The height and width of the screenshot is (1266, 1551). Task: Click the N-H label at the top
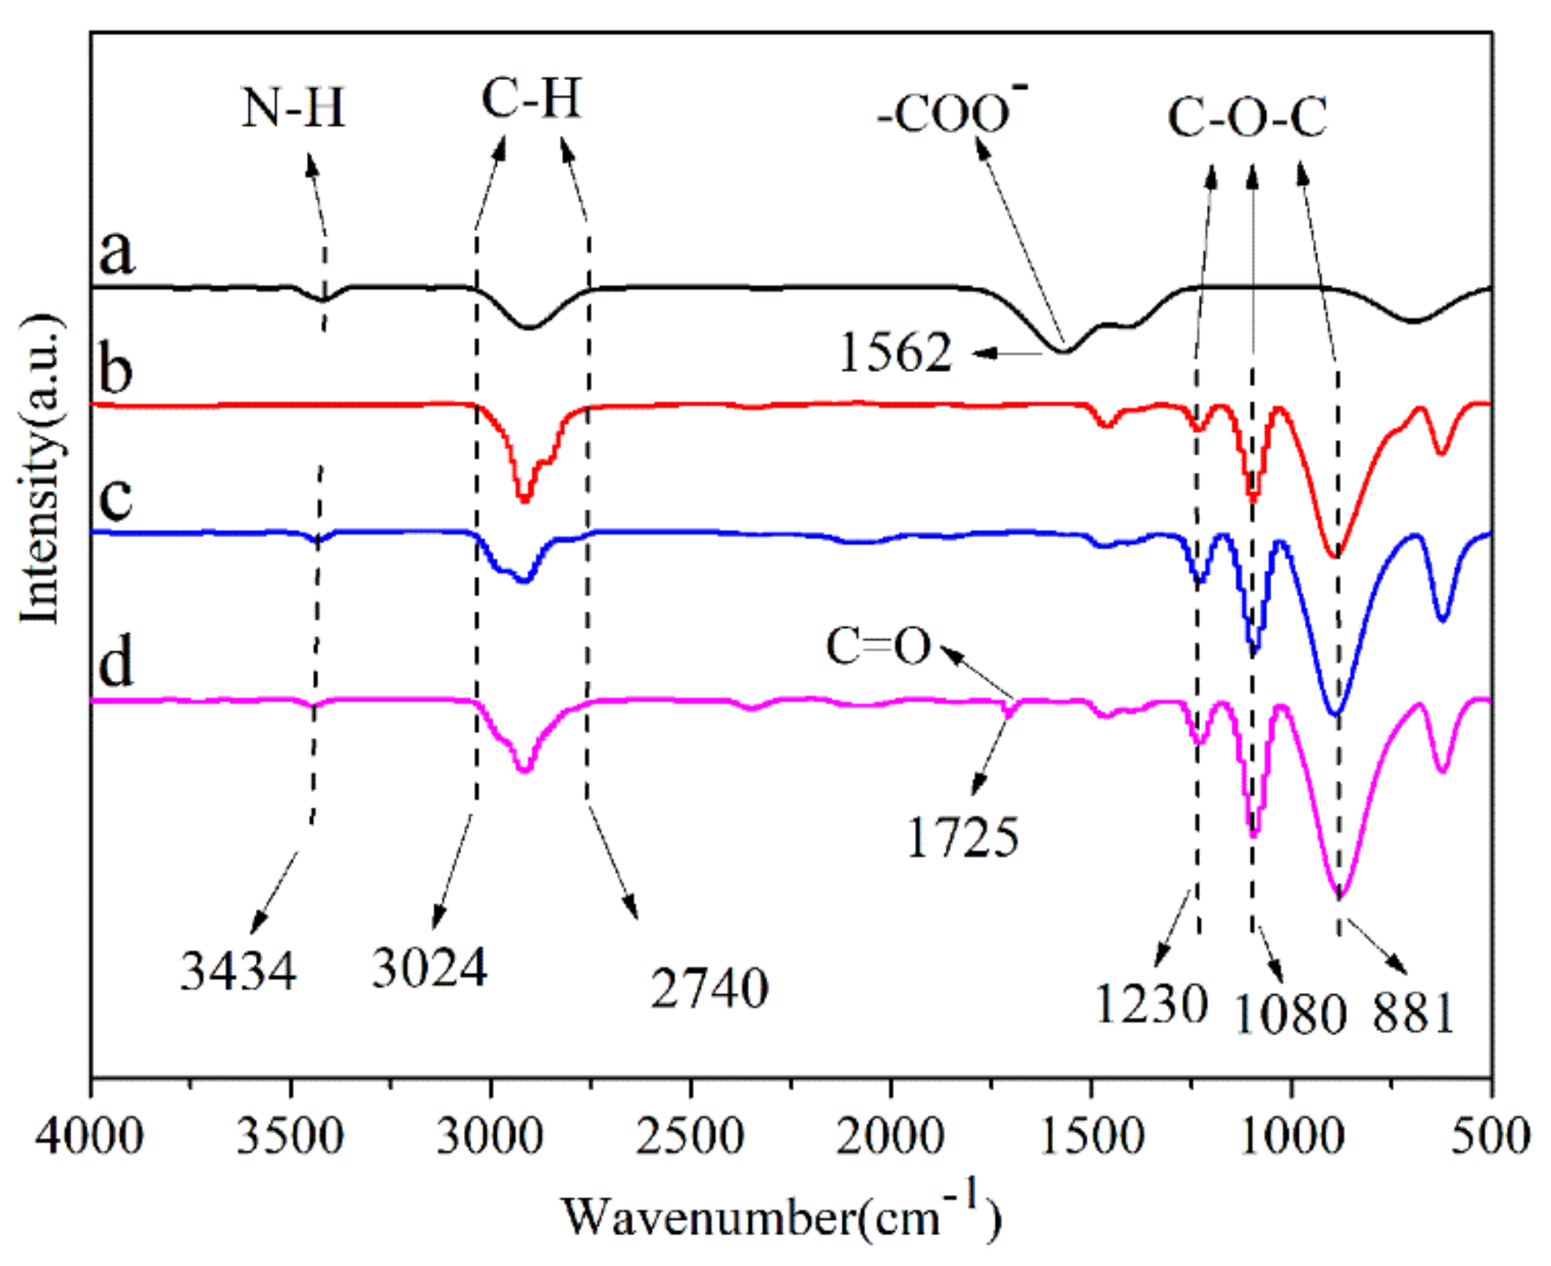point(293,108)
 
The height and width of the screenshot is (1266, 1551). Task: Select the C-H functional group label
point(530,99)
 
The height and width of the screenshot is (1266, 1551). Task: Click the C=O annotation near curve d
point(878,646)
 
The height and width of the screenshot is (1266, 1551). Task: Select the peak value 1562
point(895,352)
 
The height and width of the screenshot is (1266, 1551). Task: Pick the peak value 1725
point(962,837)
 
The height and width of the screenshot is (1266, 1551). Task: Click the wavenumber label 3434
point(238,971)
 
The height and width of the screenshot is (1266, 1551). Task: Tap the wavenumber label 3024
point(429,968)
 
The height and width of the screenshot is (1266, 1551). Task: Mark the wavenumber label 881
point(1413,1013)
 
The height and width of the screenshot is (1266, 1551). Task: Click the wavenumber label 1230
point(1151,1003)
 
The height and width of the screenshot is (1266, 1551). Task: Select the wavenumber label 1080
point(1290,1015)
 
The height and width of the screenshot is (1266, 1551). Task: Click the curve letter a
point(117,251)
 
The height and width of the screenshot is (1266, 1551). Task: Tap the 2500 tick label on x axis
point(690,1136)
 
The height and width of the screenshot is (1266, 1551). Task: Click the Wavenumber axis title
point(781,1217)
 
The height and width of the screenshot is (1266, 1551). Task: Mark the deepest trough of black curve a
point(1063,351)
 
